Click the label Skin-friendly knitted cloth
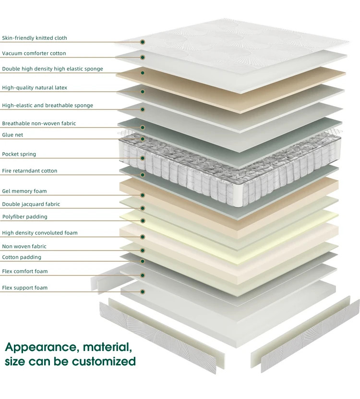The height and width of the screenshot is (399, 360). coord(35,38)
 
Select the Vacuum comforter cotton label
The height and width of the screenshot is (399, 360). coord(34,53)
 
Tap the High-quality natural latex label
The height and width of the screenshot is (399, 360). coord(35,88)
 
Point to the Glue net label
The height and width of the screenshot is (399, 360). coord(12,135)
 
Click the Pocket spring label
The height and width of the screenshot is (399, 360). coord(19,154)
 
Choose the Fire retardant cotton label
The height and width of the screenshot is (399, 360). coord(30,171)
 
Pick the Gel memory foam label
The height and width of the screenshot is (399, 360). coord(24,191)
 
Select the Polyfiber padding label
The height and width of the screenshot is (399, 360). coord(24,217)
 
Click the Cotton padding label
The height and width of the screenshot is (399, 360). coord(22,257)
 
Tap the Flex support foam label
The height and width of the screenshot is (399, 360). coord(25,288)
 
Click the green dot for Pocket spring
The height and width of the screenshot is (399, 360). coord(143,158)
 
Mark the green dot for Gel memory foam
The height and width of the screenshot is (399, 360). coord(143,195)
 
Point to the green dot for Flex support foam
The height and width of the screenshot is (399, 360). coord(143,291)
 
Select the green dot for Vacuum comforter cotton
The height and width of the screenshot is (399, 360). coord(143,57)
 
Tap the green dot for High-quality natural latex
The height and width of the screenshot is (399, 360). coord(143,91)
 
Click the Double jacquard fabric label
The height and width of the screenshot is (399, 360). coord(31,204)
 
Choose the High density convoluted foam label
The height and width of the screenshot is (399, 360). coord(40,233)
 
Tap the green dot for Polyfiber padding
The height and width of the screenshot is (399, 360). coord(143,220)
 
